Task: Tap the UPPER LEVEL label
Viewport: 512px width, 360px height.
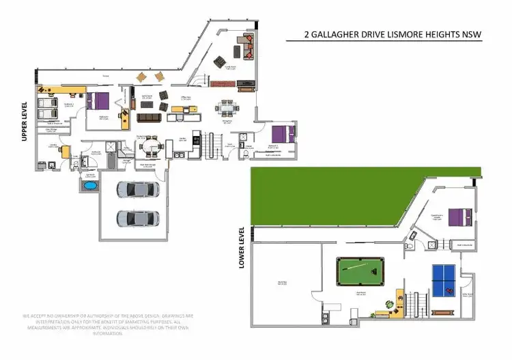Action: [25, 122]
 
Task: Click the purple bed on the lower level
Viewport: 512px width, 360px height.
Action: [459, 217]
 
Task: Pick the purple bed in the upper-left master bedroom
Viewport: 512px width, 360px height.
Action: [101, 101]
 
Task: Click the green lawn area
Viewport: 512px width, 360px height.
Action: [328, 197]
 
